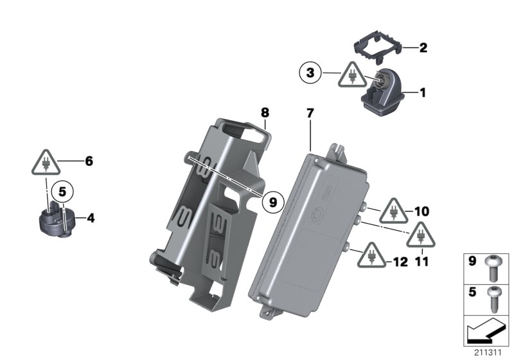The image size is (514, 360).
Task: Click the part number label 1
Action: coord(422,93)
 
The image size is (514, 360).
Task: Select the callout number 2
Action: coord(422,48)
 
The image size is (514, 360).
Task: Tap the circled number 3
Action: coord(310,75)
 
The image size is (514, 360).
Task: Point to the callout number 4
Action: coord(91,219)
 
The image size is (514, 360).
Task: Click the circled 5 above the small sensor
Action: coord(62,191)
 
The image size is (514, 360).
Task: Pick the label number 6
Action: coord(89,161)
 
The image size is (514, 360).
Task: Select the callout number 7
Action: coord(310,113)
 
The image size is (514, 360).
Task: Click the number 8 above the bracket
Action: coord(264,113)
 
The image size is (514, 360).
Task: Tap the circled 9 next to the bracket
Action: coord(272,202)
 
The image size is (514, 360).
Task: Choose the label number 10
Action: coord(421,211)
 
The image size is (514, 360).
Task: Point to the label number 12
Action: coord(400,262)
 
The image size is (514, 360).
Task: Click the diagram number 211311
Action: coord(486,352)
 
